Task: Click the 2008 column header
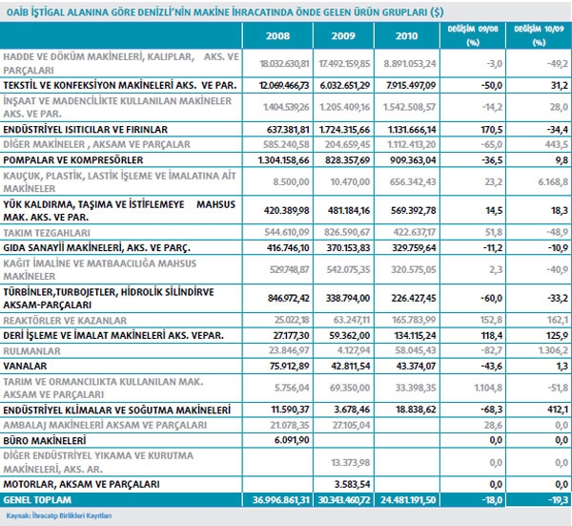pos(278,37)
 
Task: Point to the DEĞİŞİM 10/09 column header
pos(534,36)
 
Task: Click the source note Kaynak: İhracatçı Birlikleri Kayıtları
pos(57,515)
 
